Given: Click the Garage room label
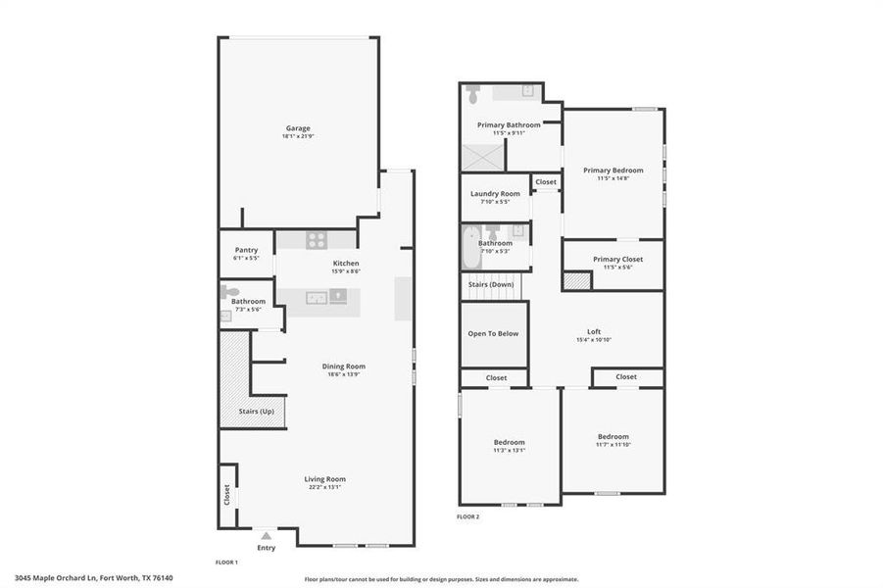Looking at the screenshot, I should coord(298,128).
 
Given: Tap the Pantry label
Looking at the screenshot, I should coord(246,250).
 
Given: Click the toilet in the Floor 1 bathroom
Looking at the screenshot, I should coord(229,291).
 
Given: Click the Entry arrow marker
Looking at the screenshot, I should coord(266,536).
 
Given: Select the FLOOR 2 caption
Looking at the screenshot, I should coord(468,516).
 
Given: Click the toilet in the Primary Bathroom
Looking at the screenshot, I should coord(473,94).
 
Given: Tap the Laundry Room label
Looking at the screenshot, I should coord(495,194).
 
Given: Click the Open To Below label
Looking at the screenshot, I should coord(493,333).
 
